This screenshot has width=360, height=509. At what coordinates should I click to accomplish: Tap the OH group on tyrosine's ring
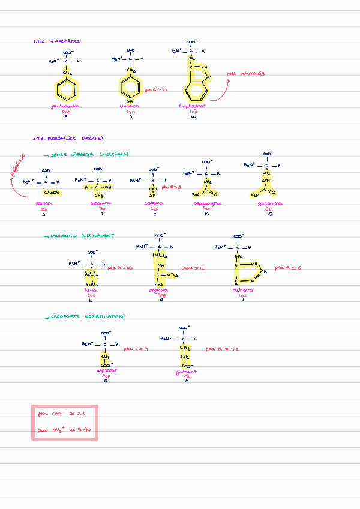[130, 103]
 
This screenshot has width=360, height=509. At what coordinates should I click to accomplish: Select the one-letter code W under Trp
[193, 117]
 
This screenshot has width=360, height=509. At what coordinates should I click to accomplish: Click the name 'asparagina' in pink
[206, 204]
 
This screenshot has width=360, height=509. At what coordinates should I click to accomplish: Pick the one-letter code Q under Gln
[271, 214]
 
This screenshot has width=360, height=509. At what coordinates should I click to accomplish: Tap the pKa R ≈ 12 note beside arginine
[193, 268]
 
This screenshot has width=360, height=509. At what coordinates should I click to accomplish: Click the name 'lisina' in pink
[91, 290]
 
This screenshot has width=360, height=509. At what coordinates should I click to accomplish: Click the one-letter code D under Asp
[105, 381]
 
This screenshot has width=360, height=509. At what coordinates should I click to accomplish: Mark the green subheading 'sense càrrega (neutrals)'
[90, 154]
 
